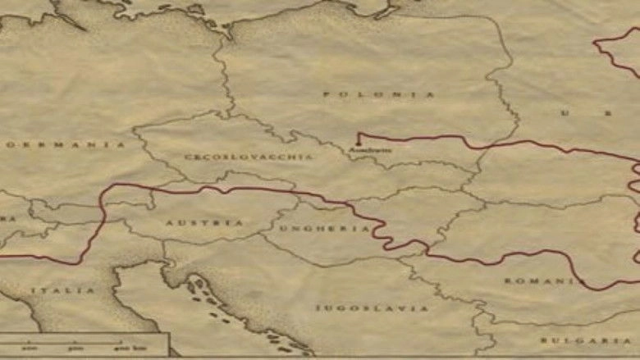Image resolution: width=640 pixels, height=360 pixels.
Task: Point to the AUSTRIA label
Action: click(x=193, y=222)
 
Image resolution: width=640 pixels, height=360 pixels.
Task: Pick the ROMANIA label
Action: click(x=541, y=280)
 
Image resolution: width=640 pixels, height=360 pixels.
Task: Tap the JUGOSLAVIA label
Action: click(x=372, y=308)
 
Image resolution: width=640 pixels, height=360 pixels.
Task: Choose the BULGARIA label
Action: click(x=586, y=339)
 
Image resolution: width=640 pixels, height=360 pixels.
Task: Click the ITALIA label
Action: click(x=62, y=290)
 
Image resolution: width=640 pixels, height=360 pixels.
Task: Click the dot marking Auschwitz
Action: click(x=359, y=145)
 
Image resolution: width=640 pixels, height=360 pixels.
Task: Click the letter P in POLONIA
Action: click(x=326, y=95)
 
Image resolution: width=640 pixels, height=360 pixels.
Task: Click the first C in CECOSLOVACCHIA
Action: click(x=187, y=156)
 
